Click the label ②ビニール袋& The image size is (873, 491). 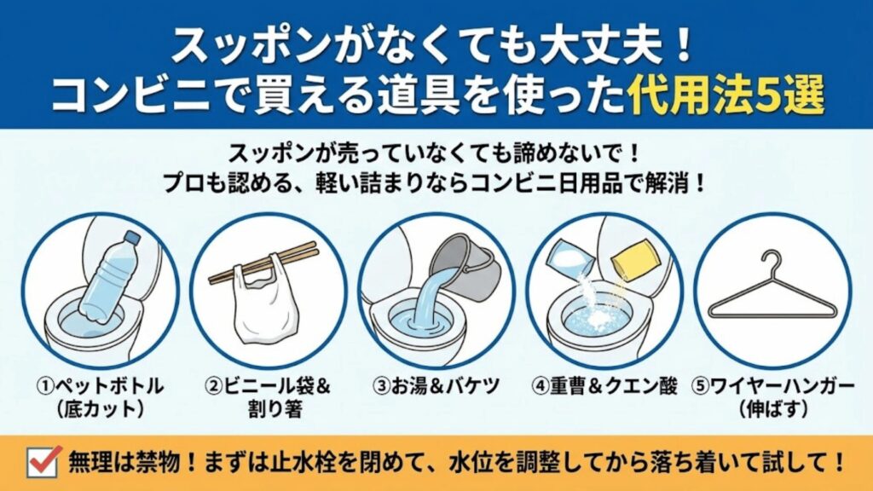(x=267, y=386)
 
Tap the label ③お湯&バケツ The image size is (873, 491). (x=436, y=386)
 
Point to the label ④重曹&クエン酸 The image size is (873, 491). (x=605, y=386)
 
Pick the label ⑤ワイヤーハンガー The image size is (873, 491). (x=775, y=386)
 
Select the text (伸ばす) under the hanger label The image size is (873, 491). (x=775, y=408)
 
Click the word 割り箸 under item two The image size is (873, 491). (x=267, y=408)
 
